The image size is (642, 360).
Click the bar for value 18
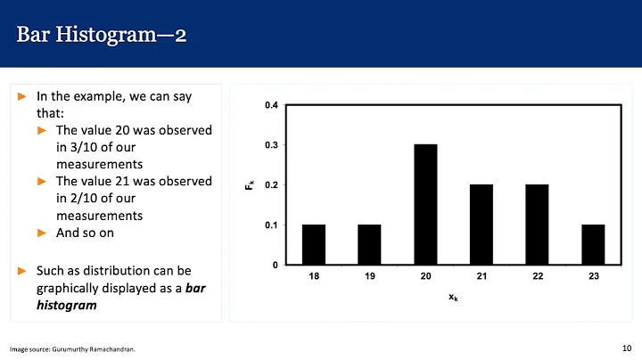314,245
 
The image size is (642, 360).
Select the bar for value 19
369,245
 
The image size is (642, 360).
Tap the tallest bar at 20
425,205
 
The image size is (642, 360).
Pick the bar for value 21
481,225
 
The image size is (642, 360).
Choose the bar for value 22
537,225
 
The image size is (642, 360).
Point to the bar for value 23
593,245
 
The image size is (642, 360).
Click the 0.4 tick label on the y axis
271,106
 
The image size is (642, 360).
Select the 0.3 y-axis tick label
271,145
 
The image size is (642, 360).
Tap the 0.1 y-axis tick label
271,225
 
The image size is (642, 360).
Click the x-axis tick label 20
425,278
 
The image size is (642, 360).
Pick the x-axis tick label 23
593,278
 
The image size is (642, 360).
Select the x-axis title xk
453,298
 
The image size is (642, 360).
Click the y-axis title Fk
251,185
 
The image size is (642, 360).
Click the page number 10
626,347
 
